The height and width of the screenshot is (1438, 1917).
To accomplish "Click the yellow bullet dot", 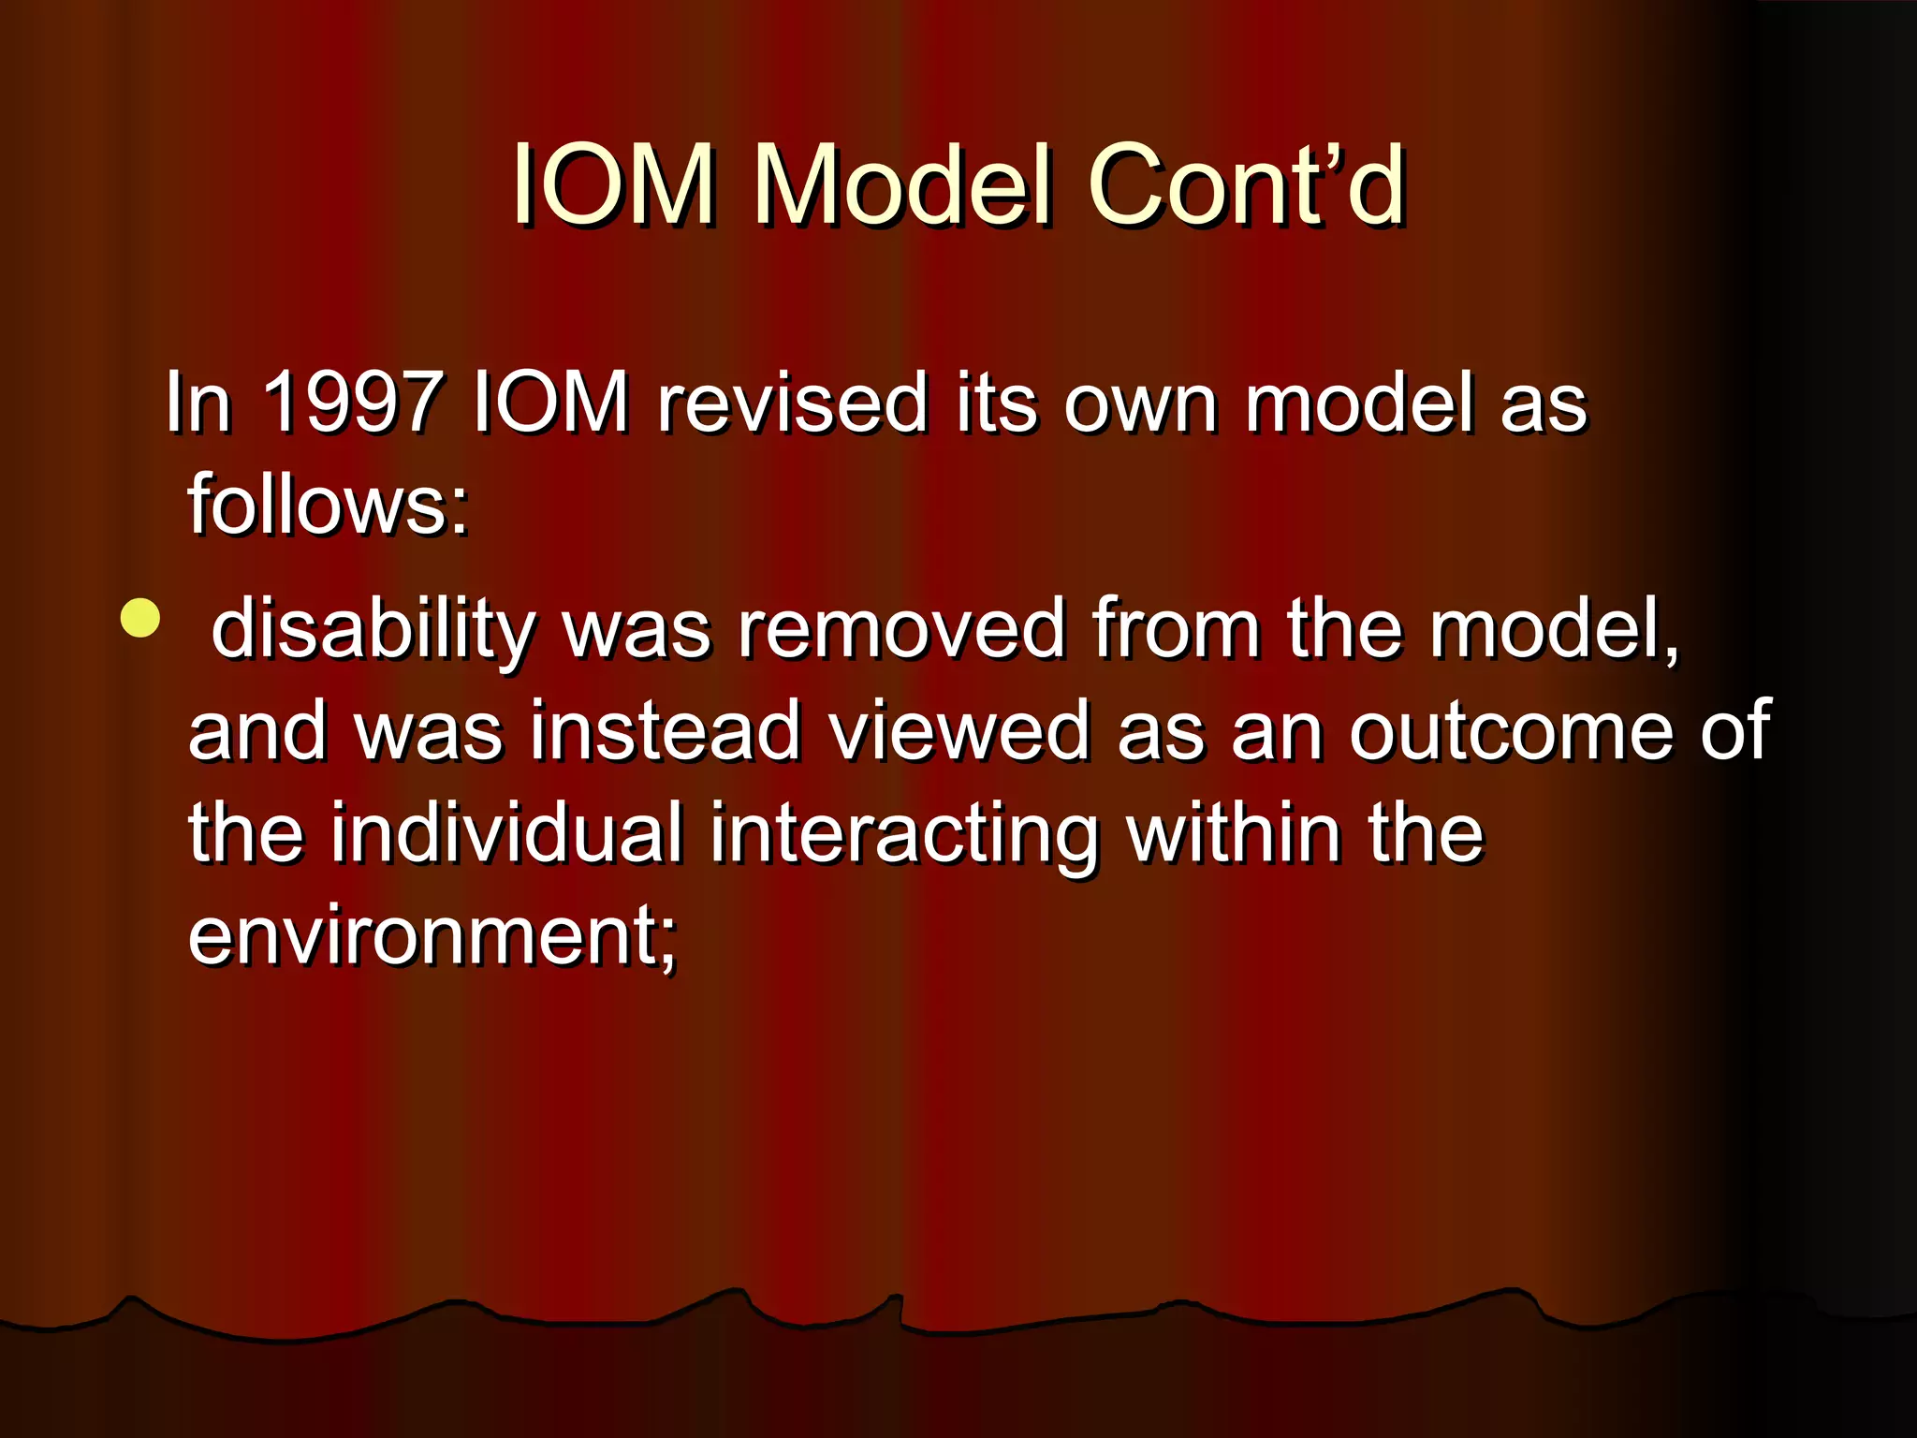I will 140,618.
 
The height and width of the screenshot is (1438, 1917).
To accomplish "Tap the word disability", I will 373,629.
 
